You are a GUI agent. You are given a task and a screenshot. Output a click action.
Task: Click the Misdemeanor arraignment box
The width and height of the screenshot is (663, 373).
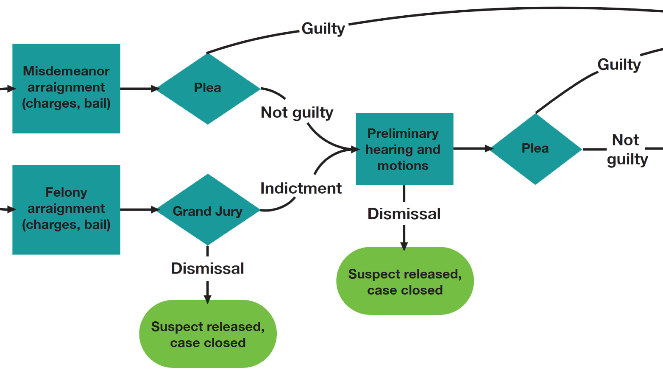point(66,88)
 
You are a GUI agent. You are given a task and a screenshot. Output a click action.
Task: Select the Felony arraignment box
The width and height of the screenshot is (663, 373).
point(66,209)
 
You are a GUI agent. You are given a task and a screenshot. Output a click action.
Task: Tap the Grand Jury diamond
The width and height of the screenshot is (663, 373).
point(208,210)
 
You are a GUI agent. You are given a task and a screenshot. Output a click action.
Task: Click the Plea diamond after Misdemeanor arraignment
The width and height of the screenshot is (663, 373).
point(208,88)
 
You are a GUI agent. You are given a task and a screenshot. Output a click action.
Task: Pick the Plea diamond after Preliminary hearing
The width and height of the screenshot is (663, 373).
point(535,148)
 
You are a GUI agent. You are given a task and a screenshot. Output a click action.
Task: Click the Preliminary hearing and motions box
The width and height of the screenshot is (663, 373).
point(404,149)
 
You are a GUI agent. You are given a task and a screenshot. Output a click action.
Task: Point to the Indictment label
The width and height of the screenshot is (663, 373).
point(301,188)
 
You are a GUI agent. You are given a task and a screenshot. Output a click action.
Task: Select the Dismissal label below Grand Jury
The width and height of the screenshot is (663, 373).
point(207,268)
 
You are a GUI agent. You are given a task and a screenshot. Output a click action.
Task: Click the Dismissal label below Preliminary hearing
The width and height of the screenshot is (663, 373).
point(404,214)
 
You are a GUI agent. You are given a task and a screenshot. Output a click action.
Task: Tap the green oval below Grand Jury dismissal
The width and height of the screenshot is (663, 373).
point(208,334)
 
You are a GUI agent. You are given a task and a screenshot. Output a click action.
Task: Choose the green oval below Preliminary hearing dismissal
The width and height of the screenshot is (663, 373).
point(405,281)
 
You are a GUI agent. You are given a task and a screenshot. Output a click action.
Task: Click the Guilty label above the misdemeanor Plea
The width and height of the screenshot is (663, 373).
point(323,28)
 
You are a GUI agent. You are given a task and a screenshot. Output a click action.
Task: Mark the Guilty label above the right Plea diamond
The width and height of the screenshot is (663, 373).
point(619,64)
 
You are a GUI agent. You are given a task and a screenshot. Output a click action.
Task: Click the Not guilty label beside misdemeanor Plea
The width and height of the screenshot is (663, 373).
point(297,112)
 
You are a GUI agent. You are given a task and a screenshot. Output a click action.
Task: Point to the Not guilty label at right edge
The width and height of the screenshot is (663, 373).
point(627,149)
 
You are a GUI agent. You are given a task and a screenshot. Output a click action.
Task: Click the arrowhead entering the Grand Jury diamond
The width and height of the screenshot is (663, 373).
point(155,209)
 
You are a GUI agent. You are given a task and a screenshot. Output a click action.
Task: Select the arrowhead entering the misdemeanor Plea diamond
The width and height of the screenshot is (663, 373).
point(155,89)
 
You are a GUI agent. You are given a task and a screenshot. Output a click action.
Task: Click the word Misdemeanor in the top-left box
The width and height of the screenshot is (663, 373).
point(66,71)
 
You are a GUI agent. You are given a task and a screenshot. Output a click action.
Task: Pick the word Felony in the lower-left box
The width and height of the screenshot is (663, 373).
point(66,192)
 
